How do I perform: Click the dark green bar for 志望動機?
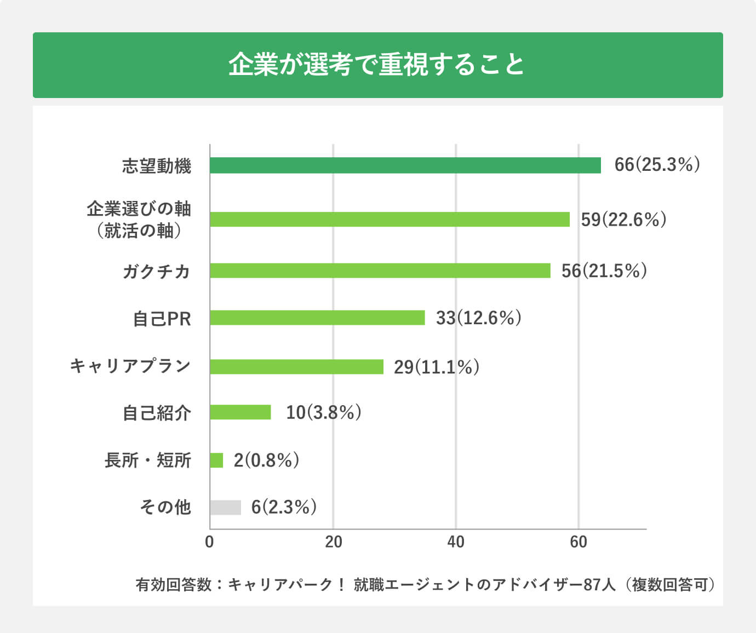405,165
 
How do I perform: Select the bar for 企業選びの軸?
390,219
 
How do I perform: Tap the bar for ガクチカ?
380,271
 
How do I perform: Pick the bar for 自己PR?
317,318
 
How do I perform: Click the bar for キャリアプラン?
296,366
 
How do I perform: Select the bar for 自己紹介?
240,412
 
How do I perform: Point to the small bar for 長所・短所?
216,460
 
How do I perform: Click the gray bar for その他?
225,508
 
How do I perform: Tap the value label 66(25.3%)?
657,165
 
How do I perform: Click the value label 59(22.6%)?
623,220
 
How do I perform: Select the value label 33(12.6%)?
478,318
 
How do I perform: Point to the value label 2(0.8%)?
266,460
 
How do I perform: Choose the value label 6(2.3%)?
284,507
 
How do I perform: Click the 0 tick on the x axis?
209,542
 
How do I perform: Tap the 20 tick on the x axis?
333,542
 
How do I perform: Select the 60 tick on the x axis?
579,542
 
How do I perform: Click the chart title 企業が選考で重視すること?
377,65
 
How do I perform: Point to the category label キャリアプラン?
130,366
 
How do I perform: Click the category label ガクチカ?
156,271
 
